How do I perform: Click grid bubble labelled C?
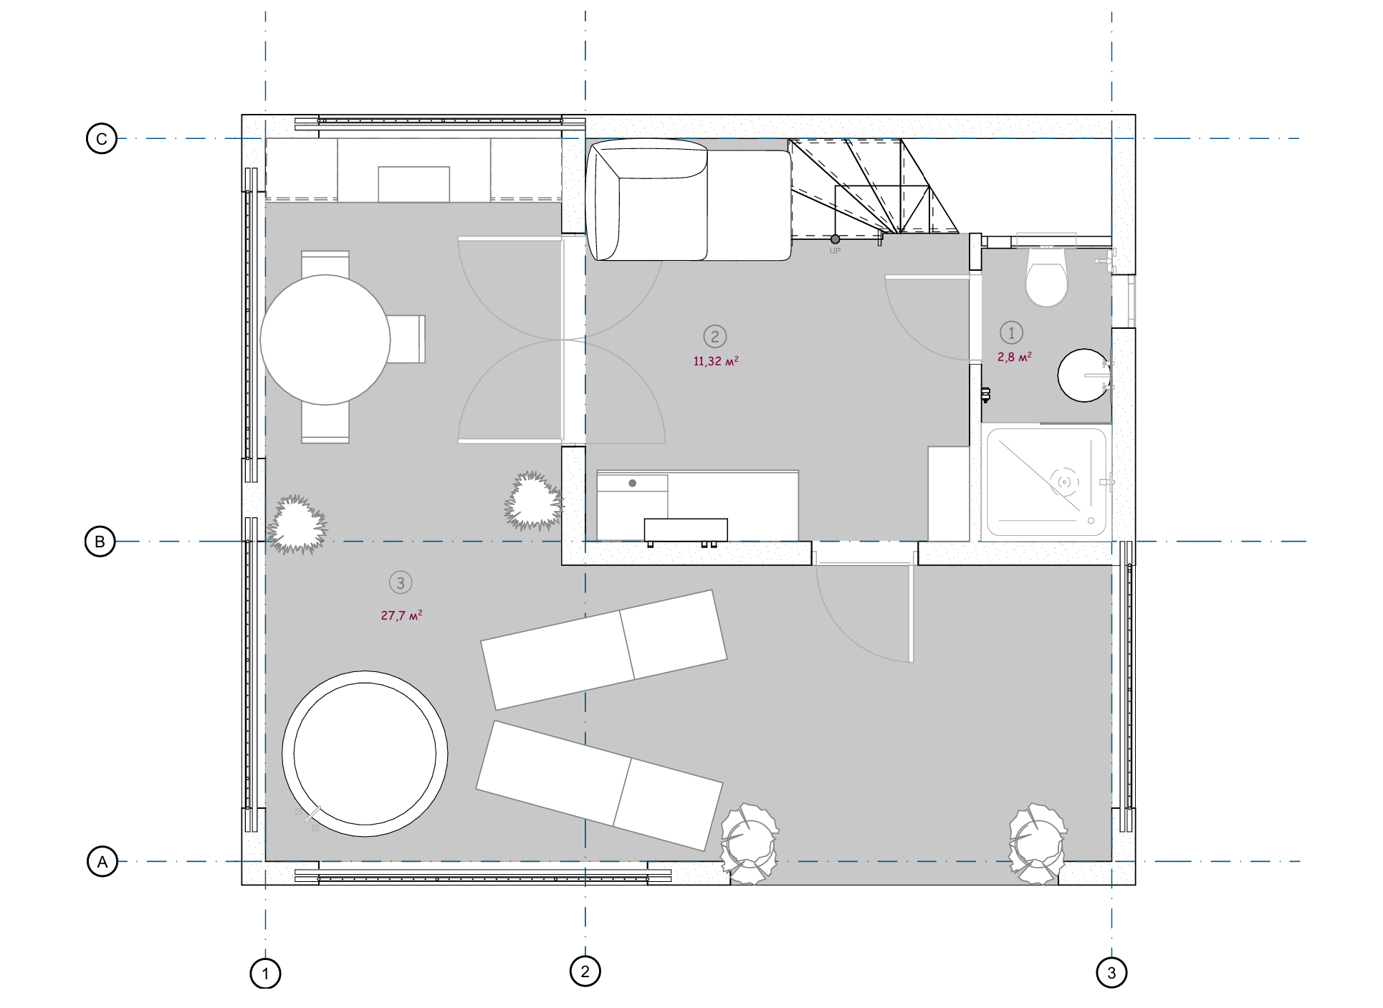(x=102, y=138)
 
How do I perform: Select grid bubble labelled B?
(x=100, y=542)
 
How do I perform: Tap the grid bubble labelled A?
(x=102, y=861)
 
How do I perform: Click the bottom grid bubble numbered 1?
(x=265, y=974)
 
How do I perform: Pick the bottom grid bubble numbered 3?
(x=1111, y=973)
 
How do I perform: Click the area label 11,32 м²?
(x=716, y=361)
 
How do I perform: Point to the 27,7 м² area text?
(x=401, y=615)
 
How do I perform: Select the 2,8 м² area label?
(x=1015, y=357)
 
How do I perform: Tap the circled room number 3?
(x=401, y=582)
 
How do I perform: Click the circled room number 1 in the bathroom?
(x=1011, y=332)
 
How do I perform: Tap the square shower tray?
(x=1046, y=481)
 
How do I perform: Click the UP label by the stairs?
(x=835, y=251)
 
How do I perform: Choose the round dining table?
(x=325, y=340)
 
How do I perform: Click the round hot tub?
(x=365, y=754)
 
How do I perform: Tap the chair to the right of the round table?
(x=407, y=339)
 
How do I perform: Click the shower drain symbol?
(x=1065, y=481)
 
